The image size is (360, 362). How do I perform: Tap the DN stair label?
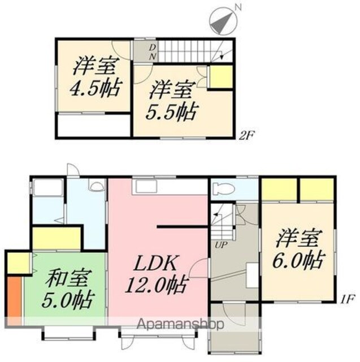point(153,52)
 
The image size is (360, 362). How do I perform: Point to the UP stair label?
point(221,245)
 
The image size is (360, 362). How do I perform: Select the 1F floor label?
point(347,299)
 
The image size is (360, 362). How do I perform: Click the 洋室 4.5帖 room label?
point(95,77)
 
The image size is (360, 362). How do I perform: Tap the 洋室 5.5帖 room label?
point(172,101)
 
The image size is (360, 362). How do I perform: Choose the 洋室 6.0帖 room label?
point(299,250)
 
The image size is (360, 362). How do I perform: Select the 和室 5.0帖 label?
point(68,289)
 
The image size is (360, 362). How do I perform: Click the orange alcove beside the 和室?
point(15,297)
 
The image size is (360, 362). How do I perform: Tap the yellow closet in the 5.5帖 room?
point(220,77)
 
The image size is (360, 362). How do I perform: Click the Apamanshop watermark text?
point(180,324)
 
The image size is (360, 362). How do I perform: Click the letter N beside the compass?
point(238,7)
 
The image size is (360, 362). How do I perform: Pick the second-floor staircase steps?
point(184,52)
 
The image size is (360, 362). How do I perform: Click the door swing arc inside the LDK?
point(197,268)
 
